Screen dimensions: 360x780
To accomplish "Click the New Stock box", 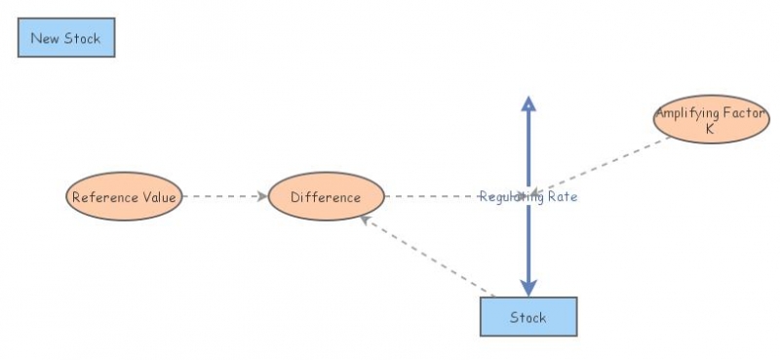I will point(66,39).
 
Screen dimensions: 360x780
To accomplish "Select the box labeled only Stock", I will point(528,317).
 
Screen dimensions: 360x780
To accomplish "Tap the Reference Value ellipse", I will point(124,197).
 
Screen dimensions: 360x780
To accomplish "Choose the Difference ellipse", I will point(326,197).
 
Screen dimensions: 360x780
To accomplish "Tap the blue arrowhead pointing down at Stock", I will point(527,286).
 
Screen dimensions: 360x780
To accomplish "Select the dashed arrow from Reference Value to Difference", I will point(224,197).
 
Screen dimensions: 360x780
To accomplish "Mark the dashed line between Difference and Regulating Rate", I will point(429,197).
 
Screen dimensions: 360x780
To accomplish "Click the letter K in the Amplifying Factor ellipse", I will point(710,128).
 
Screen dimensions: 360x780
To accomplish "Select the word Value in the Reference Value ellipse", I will point(159,197).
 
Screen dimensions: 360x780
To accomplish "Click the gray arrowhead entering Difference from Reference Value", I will point(262,197).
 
